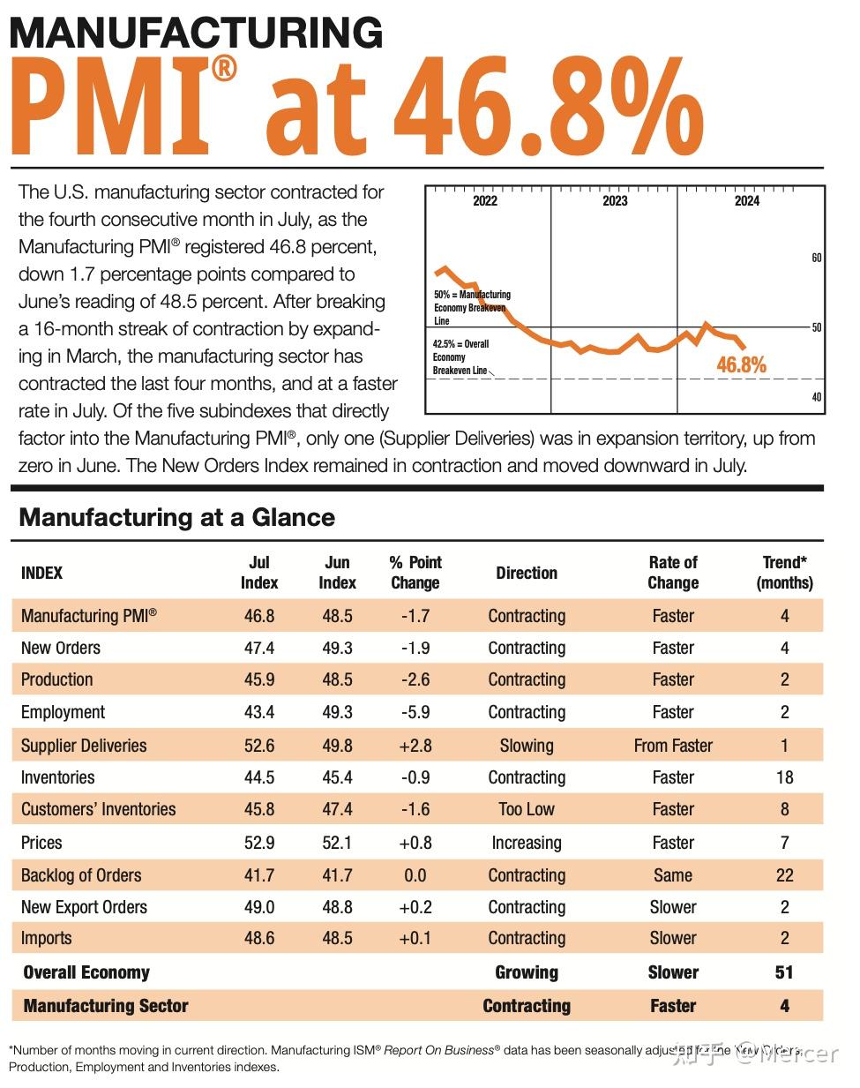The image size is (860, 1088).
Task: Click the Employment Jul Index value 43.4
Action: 259,712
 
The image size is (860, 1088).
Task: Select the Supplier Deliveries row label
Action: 84,746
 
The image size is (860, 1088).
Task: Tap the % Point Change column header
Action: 415,573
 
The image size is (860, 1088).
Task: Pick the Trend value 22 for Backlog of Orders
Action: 784,875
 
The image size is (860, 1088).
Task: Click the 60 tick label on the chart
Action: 816,258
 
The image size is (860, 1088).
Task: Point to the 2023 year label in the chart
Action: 615,201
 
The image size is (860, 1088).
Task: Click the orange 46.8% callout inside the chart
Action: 741,364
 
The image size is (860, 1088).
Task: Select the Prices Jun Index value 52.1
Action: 337,843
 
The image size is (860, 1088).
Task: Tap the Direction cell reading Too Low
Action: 527,809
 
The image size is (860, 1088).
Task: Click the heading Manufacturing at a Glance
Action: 176,517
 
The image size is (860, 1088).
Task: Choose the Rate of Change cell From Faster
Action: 673,746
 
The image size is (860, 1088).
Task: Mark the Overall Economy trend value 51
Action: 784,972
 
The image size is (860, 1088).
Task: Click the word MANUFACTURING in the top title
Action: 196,33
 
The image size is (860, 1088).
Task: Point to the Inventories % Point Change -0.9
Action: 415,777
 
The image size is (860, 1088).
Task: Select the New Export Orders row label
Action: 84,907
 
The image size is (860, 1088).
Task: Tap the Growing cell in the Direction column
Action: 527,972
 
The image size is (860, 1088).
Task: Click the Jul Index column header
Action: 259,573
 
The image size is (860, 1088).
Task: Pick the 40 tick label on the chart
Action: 816,397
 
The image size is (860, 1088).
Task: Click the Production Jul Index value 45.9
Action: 259,679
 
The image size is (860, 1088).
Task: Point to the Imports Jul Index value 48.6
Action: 259,938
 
